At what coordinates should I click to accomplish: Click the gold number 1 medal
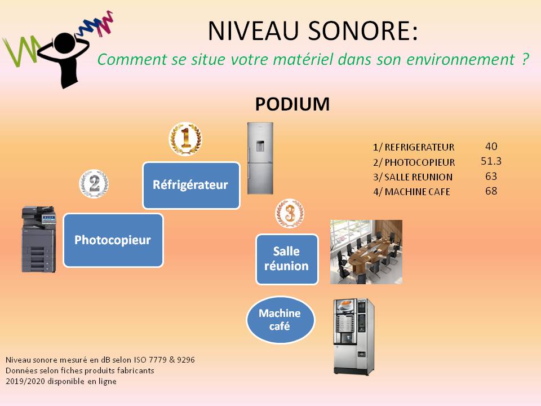coord(185,139)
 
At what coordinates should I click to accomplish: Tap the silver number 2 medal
coord(94,184)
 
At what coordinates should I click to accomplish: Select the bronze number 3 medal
coord(290,213)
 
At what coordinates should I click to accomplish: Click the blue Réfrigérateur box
coord(191,186)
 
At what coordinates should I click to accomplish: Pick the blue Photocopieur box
coord(113,240)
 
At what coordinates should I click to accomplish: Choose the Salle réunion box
coord(287,259)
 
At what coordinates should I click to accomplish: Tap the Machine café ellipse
coord(280,320)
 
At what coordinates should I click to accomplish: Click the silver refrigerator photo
coord(260,158)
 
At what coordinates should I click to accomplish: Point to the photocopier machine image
coord(39,239)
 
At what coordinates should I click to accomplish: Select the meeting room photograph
coord(366,252)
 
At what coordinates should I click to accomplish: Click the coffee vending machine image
coord(354,337)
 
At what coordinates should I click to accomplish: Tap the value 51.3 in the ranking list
coord(491,161)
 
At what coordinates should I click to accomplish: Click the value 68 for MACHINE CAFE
coord(491,191)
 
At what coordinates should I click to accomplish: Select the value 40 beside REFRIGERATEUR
coord(491,147)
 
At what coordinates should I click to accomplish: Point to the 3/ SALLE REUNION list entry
coord(413,177)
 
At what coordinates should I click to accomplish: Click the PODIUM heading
coord(292,104)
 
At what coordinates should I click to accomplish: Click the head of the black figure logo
coord(64,43)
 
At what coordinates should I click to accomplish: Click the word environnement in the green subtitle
coord(460,59)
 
